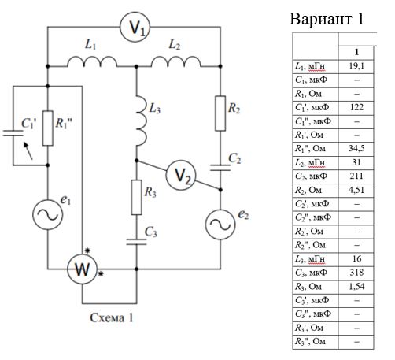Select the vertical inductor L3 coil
click(142, 121)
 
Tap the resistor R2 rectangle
click(220, 113)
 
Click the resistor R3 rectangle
click(136, 197)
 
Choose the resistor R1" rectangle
click(48, 128)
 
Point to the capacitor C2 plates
click(220, 168)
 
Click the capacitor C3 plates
click(136, 242)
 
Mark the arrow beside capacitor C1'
click(28, 150)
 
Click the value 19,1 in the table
click(356, 66)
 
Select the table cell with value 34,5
click(356, 149)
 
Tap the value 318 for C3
click(356, 273)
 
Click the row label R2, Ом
click(308, 190)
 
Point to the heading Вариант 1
click(327, 19)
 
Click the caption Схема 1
click(112, 317)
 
